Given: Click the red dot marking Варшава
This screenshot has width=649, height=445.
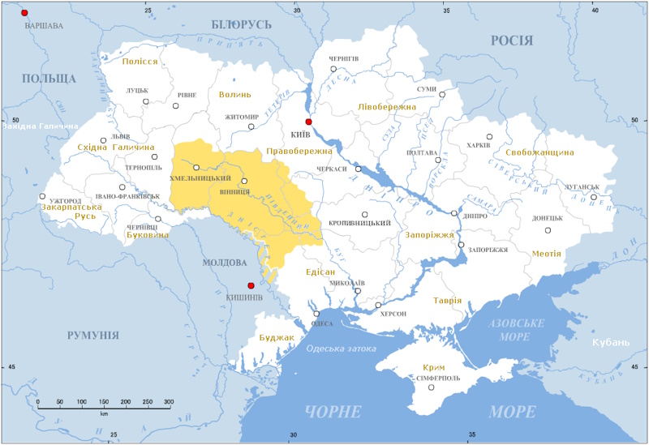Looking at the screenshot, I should [x=24, y=13].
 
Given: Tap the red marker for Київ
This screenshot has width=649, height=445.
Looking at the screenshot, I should [x=308, y=122].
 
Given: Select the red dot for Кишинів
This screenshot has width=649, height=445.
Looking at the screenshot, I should [x=251, y=285].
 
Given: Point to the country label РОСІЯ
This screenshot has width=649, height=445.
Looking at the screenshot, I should [x=512, y=41].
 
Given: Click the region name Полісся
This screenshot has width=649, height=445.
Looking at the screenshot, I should [x=140, y=62].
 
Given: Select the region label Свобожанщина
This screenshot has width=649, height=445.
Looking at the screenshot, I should [x=539, y=152].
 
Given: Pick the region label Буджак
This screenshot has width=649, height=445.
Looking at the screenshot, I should [x=270, y=336].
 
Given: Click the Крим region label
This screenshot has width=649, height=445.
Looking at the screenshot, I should [x=434, y=367].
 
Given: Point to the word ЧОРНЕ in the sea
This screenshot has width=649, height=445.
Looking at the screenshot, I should [x=333, y=412].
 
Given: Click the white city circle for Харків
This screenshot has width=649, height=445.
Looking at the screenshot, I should [x=489, y=137].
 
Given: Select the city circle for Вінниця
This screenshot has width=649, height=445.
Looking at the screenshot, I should [x=244, y=182].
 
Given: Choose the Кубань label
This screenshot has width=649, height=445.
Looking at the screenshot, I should [x=609, y=342].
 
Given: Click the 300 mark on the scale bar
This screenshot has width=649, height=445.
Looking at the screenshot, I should [x=169, y=402].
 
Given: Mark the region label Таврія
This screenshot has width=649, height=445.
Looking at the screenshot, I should [x=447, y=300].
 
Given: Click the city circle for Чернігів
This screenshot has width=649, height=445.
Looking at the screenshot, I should [x=333, y=70].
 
